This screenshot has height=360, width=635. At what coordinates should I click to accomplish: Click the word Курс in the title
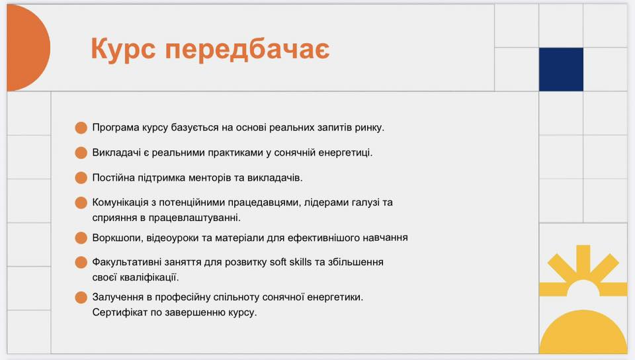123,50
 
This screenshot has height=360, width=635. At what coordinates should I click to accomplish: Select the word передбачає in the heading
247,50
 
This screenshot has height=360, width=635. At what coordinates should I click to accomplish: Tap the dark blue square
561,69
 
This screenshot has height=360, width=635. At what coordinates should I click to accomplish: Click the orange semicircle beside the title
28,48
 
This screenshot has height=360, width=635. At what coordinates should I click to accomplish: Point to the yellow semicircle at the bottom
583,332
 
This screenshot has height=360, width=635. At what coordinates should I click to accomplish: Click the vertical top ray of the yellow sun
583,261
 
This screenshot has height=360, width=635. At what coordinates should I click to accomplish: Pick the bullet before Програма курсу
81,128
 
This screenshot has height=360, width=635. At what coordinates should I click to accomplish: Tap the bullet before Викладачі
81,153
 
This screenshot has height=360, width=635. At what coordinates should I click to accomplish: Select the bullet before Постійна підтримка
81,178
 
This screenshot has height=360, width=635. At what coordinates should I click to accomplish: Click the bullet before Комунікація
81,202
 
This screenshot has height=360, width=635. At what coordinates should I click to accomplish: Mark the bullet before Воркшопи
81,238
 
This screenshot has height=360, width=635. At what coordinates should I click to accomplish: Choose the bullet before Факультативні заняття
81,262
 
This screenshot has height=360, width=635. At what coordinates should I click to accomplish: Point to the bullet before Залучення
81,297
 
